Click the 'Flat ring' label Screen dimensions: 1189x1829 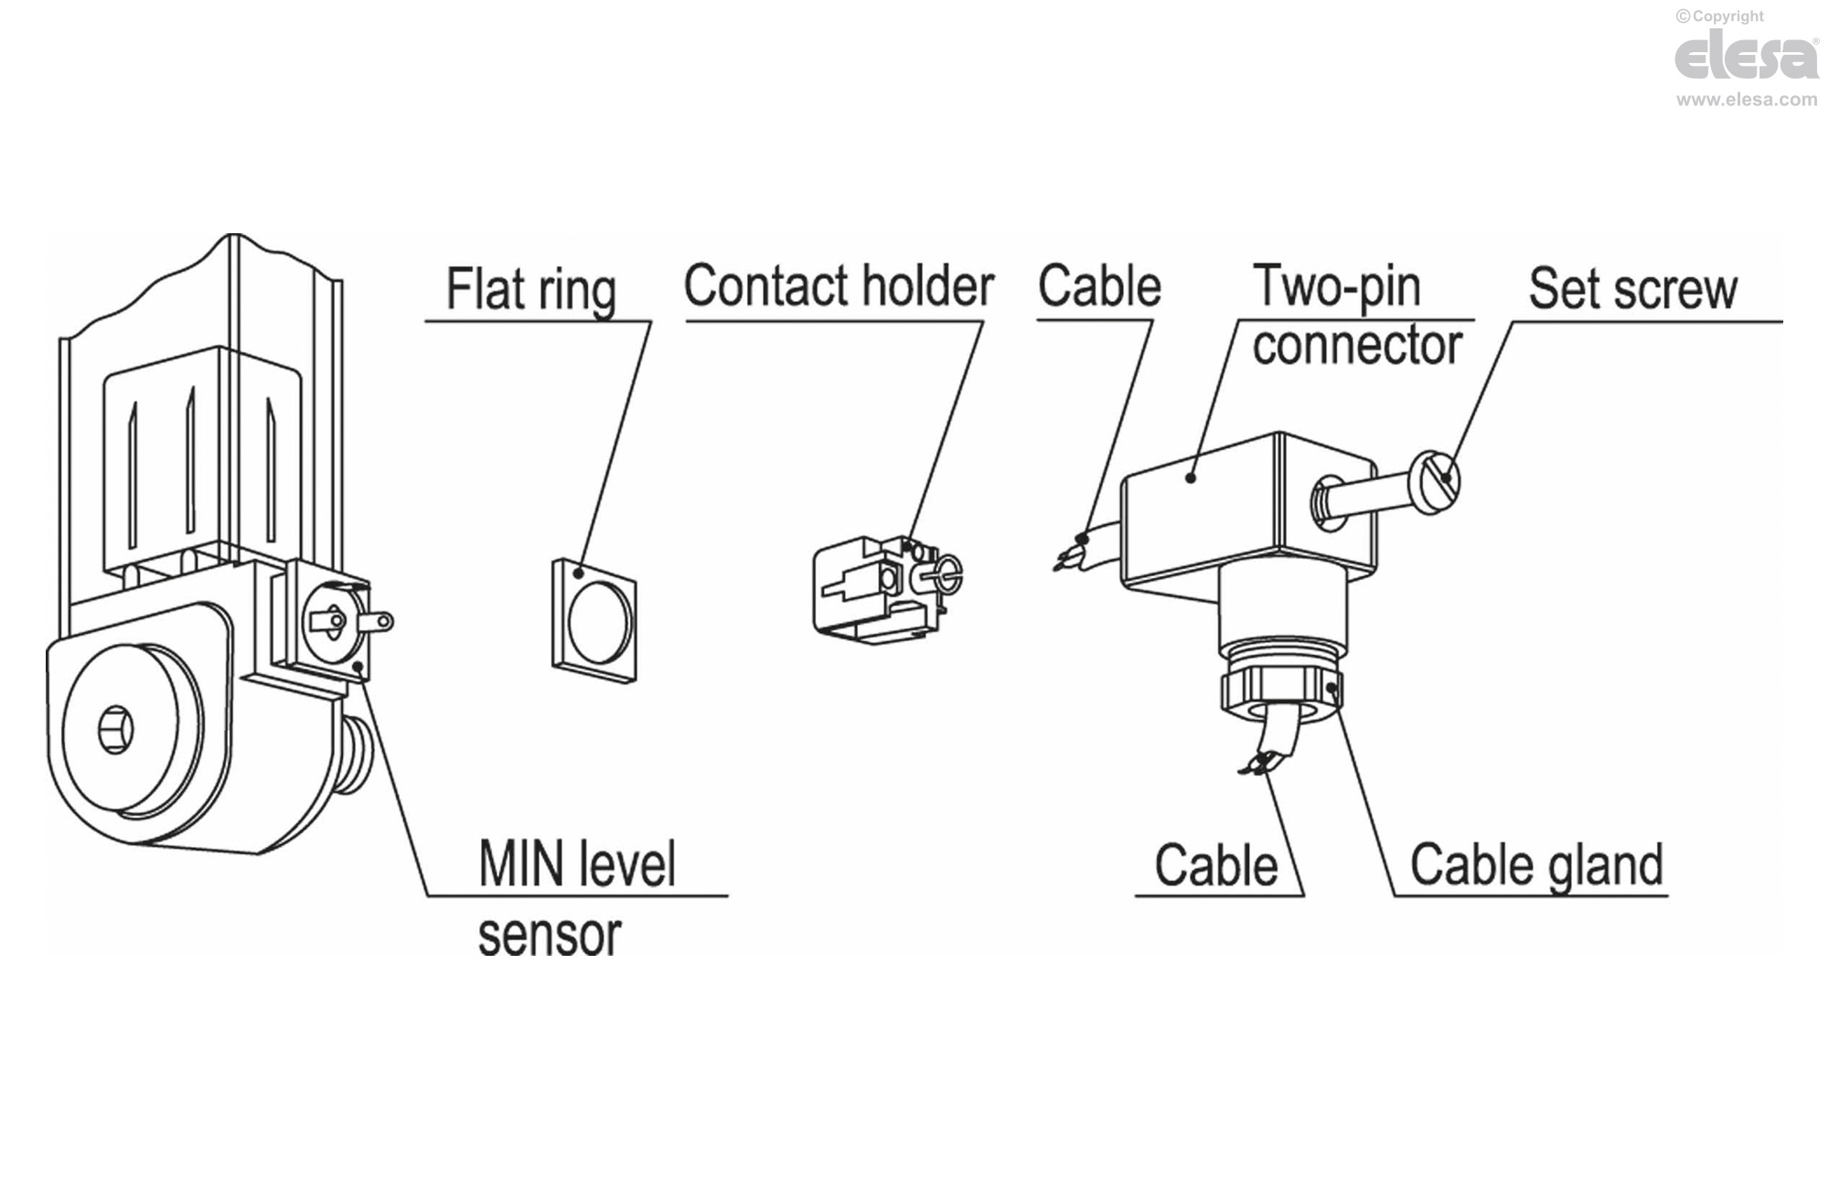531,290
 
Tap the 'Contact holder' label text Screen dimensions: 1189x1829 839,286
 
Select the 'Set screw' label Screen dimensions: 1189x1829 1632,289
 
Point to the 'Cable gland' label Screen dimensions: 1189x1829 1536,865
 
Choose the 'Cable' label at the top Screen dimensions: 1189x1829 1099,286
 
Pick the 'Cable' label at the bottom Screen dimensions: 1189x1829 1216,865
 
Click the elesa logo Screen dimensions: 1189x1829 1746,57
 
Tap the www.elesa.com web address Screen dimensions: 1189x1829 1746,100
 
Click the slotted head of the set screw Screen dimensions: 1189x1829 1438,480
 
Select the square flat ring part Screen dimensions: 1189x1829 595,620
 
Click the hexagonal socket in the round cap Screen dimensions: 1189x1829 116,730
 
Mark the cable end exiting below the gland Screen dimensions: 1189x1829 1267,755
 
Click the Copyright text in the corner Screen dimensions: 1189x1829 1719,16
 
